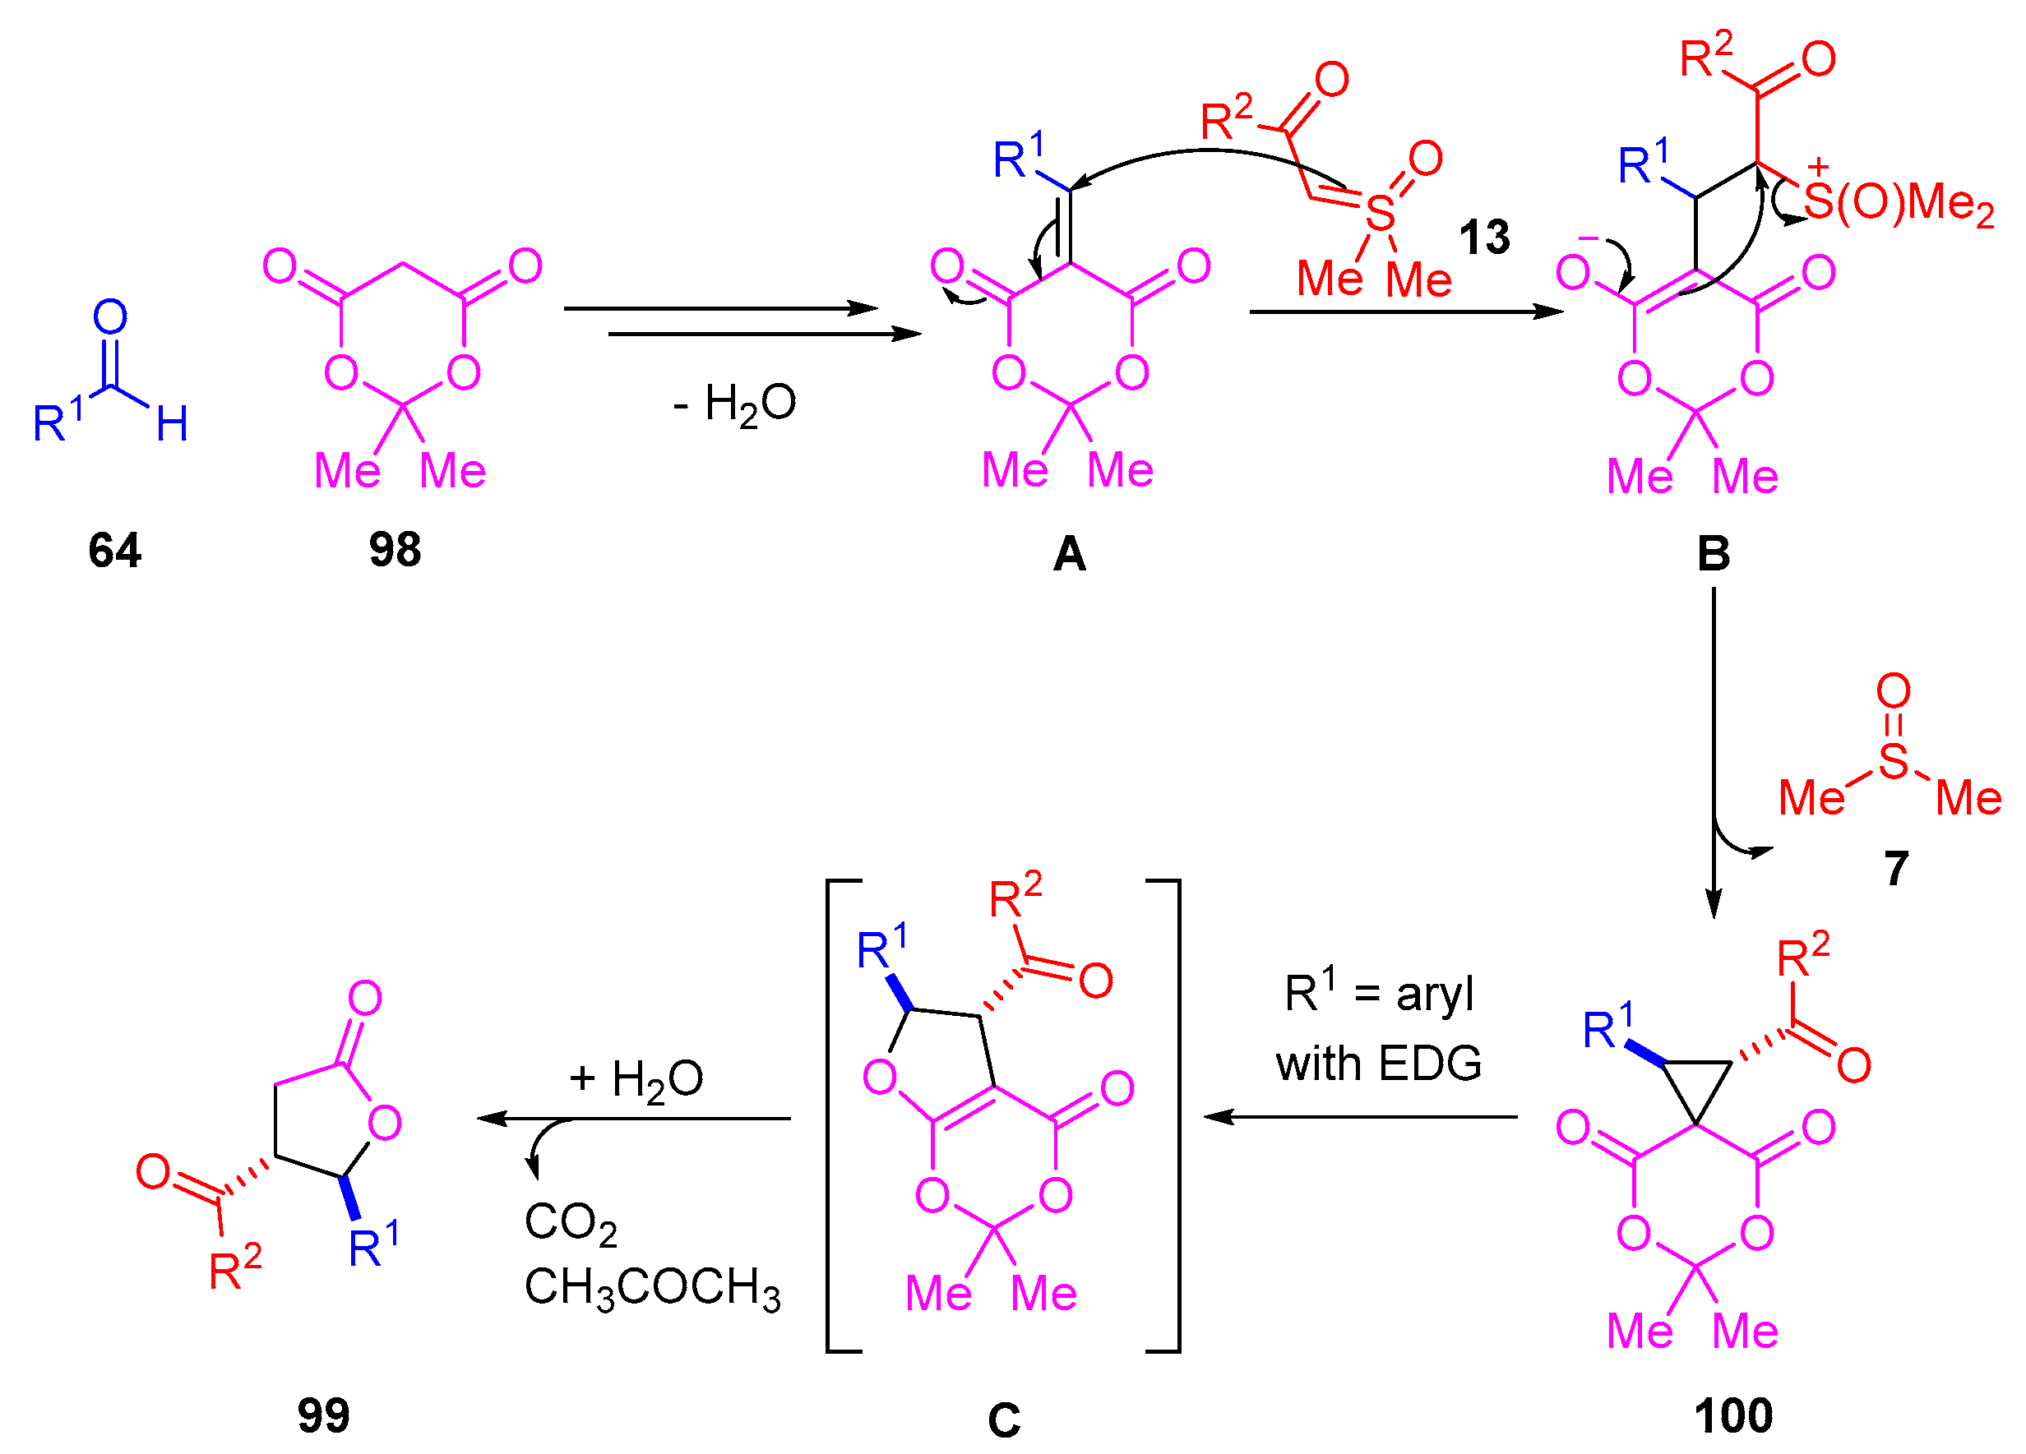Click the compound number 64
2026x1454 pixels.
(x=114, y=550)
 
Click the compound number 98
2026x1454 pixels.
(x=395, y=550)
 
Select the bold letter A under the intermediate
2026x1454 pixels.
(x=1069, y=555)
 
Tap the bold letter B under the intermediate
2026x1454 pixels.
(x=1714, y=555)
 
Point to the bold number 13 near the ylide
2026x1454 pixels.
(x=1484, y=238)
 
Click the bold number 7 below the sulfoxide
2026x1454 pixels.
(x=1895, y=868)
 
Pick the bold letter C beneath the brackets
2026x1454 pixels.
(x=1003, y=1420)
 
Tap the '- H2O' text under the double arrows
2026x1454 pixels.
(x=734, y=404)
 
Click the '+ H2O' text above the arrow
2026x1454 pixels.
(x=636, y=1080)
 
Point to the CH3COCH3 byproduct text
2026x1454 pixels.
(x=652, y=1289)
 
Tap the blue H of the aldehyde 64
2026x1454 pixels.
(x=173, y=424)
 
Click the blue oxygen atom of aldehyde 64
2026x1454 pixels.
(x=110, y=317)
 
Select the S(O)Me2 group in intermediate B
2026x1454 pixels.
(x=1898, y=203)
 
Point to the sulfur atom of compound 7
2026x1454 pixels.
(x=1893, y=761)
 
